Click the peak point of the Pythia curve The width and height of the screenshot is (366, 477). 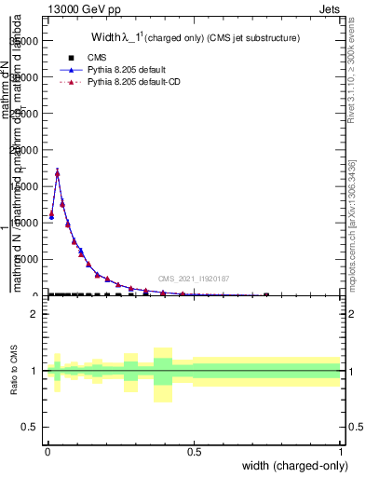tap(58, 172)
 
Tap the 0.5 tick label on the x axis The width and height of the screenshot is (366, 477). tap(194, 450)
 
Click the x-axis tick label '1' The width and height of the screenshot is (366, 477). tap(340, 450)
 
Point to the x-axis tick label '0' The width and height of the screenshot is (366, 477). tap(47, 450)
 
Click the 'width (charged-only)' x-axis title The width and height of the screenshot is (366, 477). tap(290, 466)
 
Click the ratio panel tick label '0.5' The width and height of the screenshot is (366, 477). tap(30, 427)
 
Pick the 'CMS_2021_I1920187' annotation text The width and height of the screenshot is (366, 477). tap(193, 279)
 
